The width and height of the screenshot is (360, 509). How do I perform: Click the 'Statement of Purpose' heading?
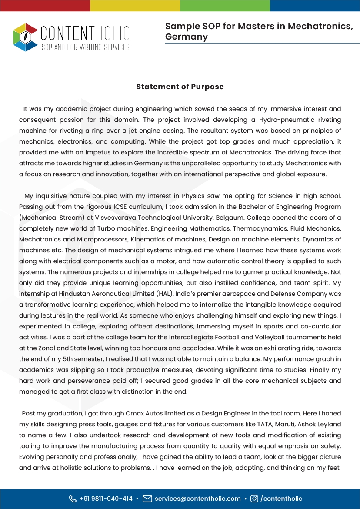point(180,87)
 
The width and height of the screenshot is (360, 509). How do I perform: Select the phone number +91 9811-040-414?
point(106,499)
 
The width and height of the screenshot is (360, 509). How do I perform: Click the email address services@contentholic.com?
point(198,499)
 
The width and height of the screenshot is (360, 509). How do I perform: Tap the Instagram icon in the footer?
point(254,499)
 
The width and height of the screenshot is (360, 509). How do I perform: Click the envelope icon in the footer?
point(147,499)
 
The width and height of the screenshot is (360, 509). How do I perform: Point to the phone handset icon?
point(73,499)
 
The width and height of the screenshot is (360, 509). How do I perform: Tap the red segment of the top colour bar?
point(45,5)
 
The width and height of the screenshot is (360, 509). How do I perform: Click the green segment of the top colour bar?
point(225,5)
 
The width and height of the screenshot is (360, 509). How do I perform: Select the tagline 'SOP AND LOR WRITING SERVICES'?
point(85,47)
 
